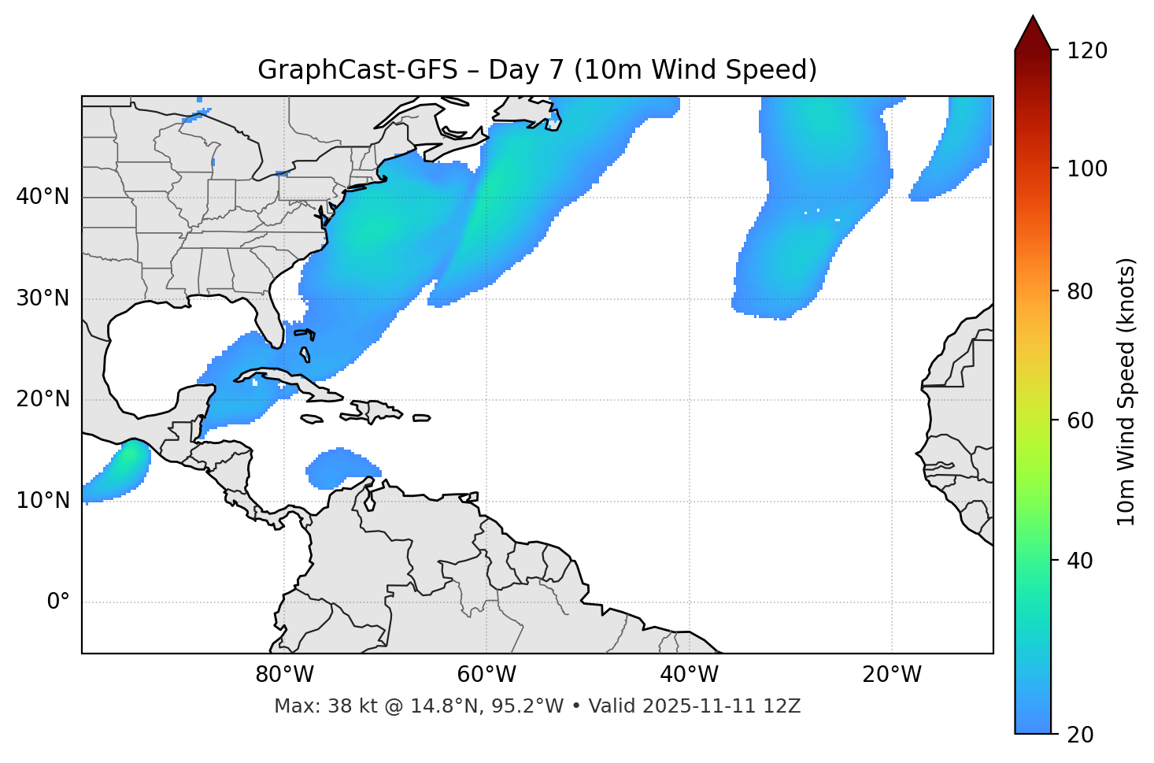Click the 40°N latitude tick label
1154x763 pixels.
tap(43, 197)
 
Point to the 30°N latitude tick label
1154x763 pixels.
tap(43, 298)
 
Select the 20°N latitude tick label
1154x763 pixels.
tap(43, 399)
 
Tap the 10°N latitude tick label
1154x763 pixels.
tap(43, 501)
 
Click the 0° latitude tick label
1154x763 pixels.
tap(57, 602)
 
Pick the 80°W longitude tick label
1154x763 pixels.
tap(284, 675)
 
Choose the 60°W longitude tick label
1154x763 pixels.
tap(486, 675)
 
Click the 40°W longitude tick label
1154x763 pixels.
tap(689, 675)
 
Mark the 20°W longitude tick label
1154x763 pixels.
tap(892, 675)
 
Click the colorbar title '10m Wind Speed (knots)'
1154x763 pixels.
tap(1126, 391)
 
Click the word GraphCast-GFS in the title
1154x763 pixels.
tap(357, 70)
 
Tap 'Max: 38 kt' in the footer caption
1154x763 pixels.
tap(309, 706)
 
